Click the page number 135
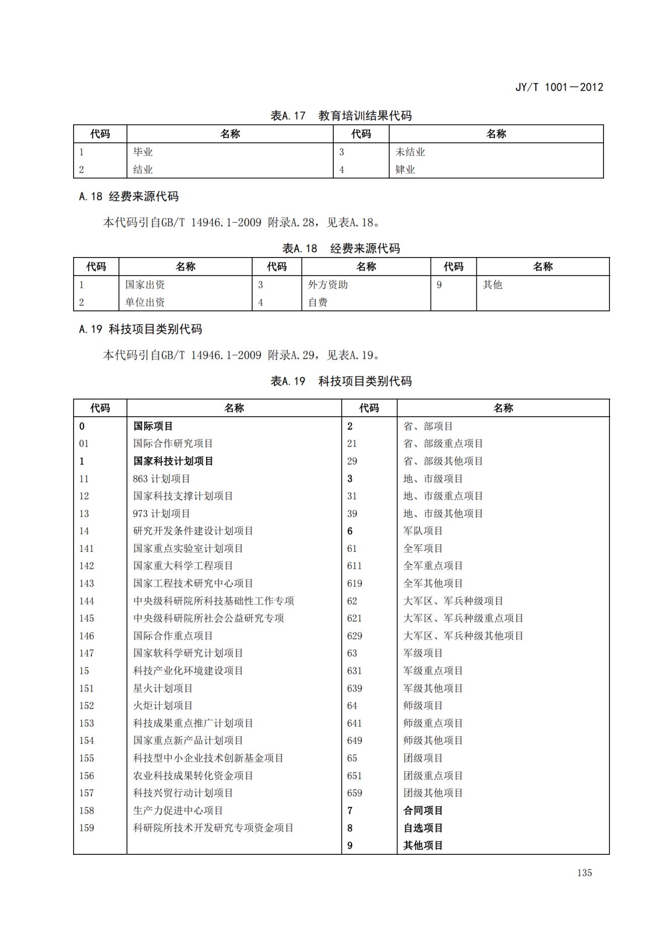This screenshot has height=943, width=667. pyautogui.click(x=584, y=872)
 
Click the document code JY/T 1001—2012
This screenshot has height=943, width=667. pyautogui.click(x=559, y=87)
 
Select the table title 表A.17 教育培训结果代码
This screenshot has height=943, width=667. pyautogui.click(x=341, y=115)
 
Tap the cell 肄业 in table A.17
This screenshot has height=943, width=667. pyautogui.click(x=405, y=169)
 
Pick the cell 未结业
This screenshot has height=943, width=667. pyautogui.click(x=410, y=152)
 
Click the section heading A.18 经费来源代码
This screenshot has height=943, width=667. pyautogui.click(x=129, y=197)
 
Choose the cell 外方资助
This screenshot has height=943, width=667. pyautogui.click(x=328, y=284)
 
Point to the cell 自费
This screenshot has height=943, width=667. pyautogui.click(x=318, y=302)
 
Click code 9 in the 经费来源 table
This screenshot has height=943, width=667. pyautogui.click(x=439, y=284)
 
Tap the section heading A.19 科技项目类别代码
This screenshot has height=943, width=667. pyautogui.click(x=140, y=329)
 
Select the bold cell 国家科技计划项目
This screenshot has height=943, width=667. pyautogui.click(x=173, y=461)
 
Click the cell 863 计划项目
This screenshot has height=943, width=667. pyautogui.click(x=161, y=478)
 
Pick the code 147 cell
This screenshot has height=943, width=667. pyautogui.click(x=86, y=653)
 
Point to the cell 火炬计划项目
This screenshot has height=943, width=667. pyautogui.click(x=163, y=705)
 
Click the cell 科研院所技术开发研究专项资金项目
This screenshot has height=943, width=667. pyautogui.click(x=213, y=827)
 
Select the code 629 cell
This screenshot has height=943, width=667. pyautogui.click(x=354, y=636)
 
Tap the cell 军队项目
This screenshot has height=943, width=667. pyautogui.click(x=422, y=531)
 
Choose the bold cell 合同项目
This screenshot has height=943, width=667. pyautogui.click(x=422, y=810)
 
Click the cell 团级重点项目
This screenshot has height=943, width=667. pyautogui.click(x=433, y=775)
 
